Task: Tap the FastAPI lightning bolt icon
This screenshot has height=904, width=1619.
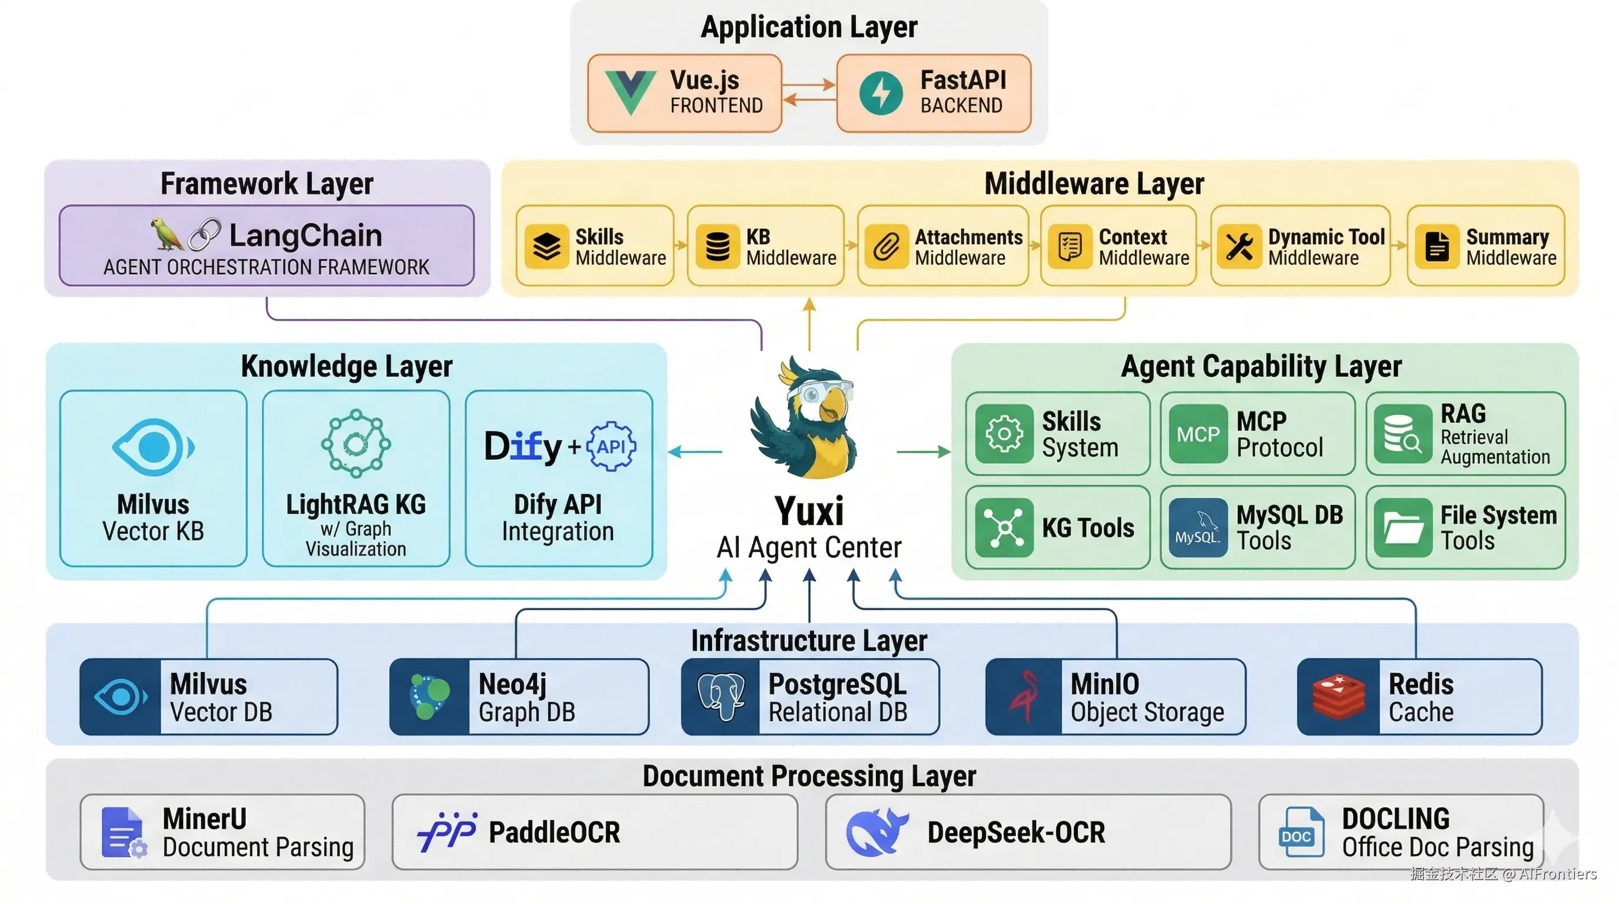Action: point(881,93)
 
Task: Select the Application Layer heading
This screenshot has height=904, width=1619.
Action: point(809,27)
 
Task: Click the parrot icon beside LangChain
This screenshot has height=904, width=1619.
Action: point(166,234)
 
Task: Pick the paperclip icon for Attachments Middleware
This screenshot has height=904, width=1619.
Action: point(886,247)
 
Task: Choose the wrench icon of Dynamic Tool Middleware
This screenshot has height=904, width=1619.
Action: point(1239,247)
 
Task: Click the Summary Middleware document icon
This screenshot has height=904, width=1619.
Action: point(1437,247)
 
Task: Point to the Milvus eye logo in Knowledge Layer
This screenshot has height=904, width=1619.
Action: point(154,447)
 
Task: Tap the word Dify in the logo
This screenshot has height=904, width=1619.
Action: point(522,447)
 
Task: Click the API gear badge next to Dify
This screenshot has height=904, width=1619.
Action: point(611,447)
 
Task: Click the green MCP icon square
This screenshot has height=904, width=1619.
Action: point(1198,434)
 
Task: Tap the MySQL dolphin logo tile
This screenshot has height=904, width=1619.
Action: point(1198,528)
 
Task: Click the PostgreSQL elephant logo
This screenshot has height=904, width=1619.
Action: point(721,696)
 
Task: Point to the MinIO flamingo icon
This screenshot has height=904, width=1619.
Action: point(1024,696)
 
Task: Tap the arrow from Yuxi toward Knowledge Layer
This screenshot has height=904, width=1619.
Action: point(694,451)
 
